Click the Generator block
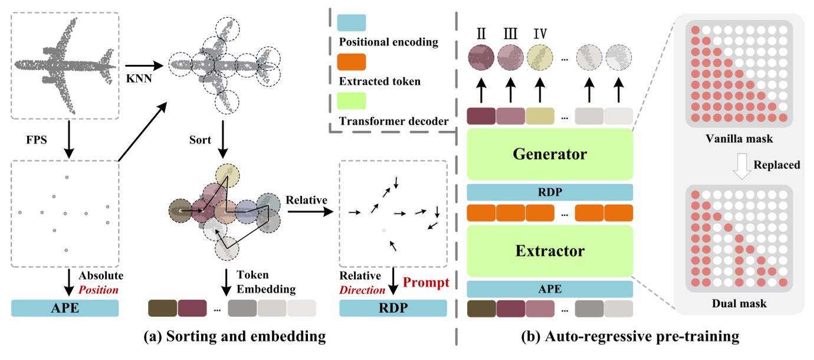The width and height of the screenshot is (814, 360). [549, 155]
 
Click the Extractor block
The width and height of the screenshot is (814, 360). [549, 251]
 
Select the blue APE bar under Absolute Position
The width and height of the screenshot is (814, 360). [65, 308]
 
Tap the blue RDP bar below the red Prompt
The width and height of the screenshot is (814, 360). [393, 308]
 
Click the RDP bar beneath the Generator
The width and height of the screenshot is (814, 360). [549, 192]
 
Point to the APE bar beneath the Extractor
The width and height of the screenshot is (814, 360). [549, 289]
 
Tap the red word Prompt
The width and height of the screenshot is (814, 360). [426, 282]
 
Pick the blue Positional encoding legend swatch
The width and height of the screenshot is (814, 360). [352, 23]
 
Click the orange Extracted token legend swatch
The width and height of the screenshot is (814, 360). [352, 62]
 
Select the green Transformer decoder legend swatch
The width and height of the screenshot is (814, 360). [352, 100]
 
